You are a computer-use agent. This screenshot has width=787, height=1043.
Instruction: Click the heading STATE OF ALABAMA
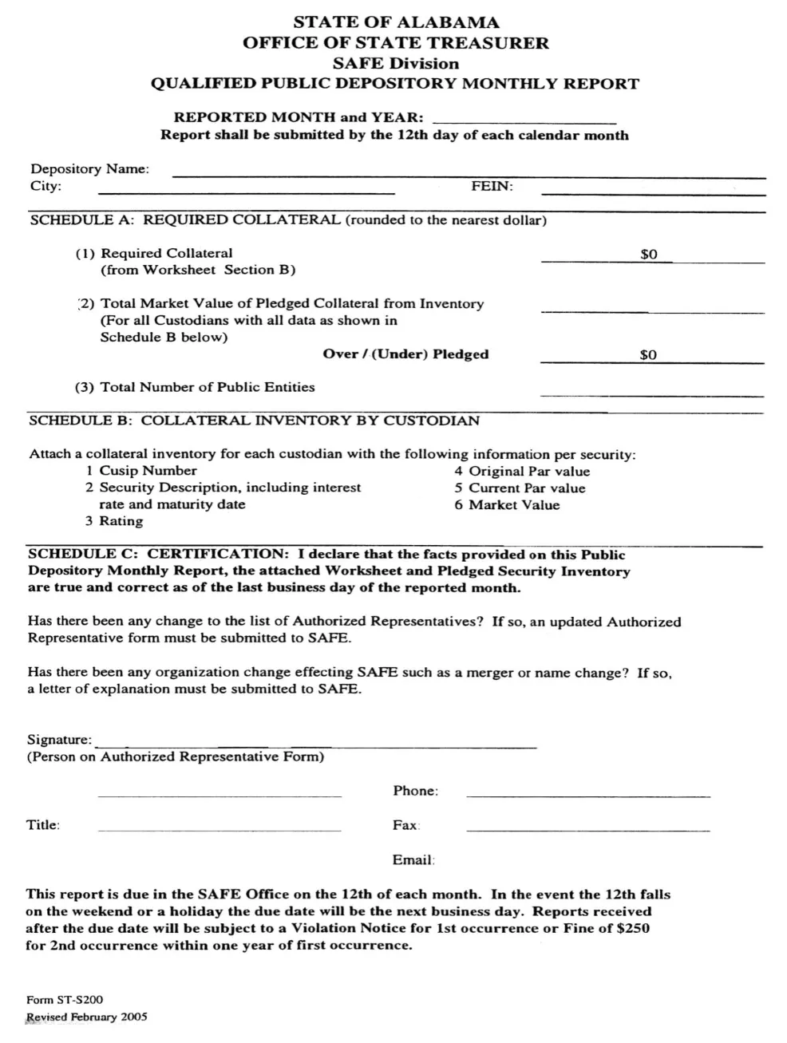(x=395, y=22)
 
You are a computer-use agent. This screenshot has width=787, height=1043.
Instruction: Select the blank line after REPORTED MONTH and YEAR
(x=524, y=122)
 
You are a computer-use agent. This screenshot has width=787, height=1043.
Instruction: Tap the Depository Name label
(x=89, y=169)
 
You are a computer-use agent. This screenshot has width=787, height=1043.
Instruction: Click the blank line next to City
(x=246, y=192)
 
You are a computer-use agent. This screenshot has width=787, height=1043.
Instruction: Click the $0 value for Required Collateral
(x=649, y=255)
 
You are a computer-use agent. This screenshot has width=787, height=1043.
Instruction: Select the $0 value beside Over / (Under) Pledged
(x=648, y=355)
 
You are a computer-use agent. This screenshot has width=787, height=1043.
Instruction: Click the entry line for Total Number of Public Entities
(x=651, y=394)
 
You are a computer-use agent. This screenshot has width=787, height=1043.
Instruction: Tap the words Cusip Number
(x=148, y=471)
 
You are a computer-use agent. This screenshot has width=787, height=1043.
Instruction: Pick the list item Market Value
(x=514, y=505)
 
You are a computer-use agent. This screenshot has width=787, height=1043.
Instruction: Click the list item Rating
(x=121, y=521)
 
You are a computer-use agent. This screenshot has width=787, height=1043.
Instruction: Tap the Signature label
(x=59, y=740)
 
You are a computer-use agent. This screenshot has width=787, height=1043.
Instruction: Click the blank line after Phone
(x=587, y=796)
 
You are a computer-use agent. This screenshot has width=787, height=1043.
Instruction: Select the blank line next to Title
(x=219, y=831)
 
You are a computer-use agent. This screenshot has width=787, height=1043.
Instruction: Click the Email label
(x=413, y=860)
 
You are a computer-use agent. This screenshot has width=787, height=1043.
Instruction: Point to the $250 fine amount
(x=633, y=928)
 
